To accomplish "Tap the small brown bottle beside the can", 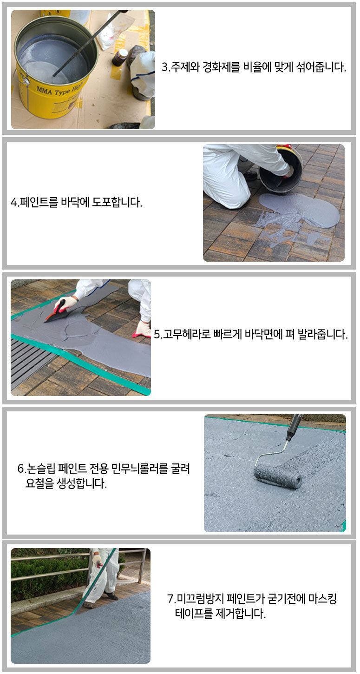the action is [120, 57].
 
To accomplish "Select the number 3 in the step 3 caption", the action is [165, 67].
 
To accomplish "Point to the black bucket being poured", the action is [280, 172].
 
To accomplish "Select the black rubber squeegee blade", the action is [56, 316].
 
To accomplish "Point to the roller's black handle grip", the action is [293, 426].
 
